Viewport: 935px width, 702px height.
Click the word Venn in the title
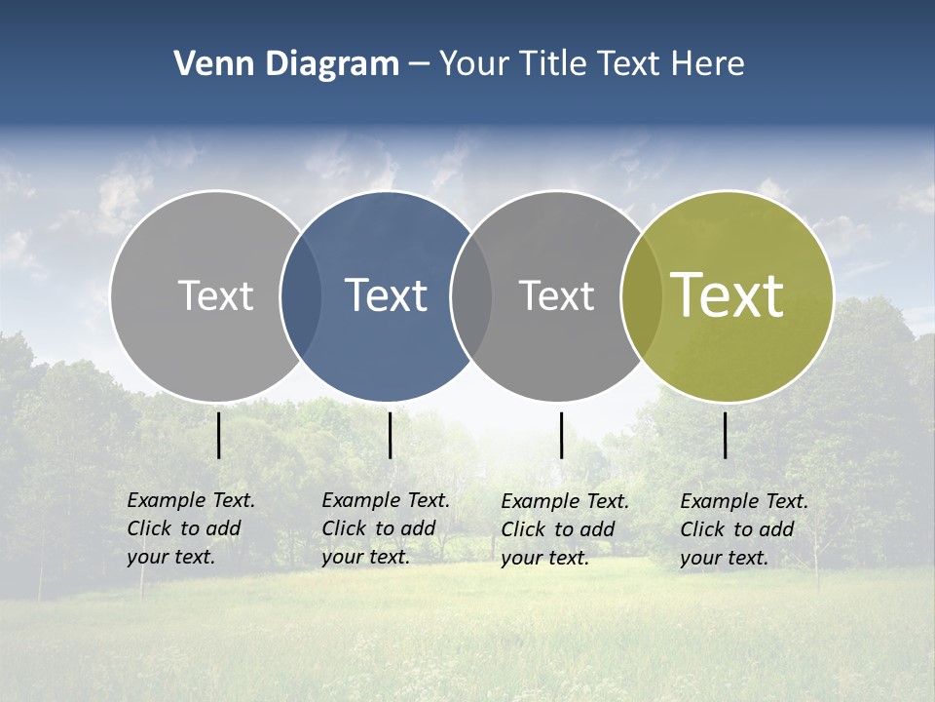point(205,64)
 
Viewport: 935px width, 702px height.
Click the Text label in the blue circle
point(386,295)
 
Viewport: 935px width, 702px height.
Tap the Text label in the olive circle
point(727,295)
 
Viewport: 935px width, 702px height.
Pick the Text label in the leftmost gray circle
point(215,295)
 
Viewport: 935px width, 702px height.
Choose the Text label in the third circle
point(556,295)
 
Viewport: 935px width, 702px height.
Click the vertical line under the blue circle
point(390,435)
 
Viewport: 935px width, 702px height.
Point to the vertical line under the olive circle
point(726,435)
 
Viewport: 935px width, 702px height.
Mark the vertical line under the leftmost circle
point(218,435)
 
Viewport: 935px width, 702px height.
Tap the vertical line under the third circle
point(561,435)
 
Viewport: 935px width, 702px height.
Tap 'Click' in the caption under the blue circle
point(344,528)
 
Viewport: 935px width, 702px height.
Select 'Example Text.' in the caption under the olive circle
point(744,501)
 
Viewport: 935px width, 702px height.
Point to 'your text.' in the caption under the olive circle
point(724,558)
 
